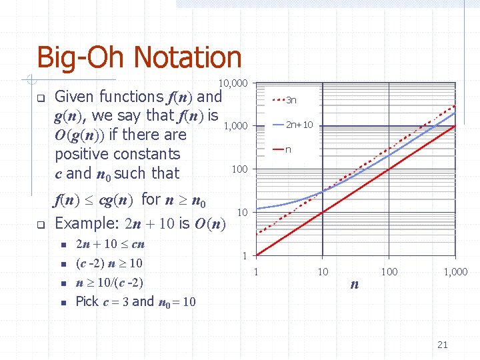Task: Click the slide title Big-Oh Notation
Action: pos(139,57)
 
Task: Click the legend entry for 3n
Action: pos(291,101)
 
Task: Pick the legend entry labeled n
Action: pos(288,149)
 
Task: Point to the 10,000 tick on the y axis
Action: pos(233,83)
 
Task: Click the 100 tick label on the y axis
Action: pos(239,169)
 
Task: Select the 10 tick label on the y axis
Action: pos(243,213)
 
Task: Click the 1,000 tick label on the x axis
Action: pos(455,271)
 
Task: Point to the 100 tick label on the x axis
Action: pos(389,271)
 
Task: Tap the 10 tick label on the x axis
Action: pos(322,271)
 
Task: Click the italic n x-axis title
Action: pos(355,285)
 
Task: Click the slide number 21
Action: pos(442,344)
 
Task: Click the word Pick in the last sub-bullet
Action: pos(87,301)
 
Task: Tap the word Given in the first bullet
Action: pos(75,97)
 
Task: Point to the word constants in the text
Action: pos(149,154)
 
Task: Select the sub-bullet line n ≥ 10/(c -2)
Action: pos(109,282)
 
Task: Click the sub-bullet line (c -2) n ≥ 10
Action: pos(109,263)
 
